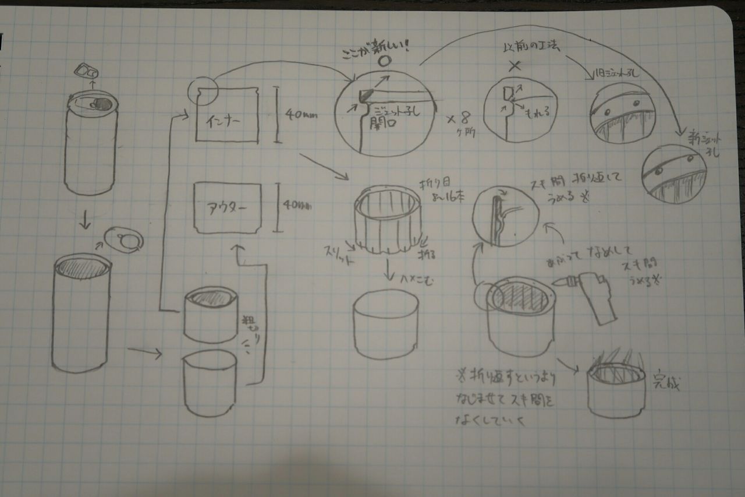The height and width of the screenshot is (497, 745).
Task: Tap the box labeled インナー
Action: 227,115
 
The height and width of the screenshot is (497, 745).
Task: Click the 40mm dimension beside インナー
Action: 300,115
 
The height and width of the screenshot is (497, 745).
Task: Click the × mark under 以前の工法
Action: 515,65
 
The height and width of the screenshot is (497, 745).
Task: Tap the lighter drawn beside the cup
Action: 594,294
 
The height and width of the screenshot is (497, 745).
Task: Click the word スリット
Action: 339,255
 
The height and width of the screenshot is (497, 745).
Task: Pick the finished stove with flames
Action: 616,385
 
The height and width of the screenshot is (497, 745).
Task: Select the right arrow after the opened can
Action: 144,351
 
